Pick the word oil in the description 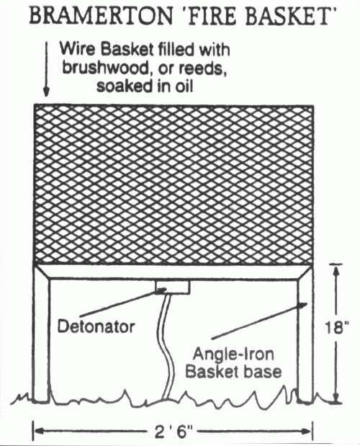[184, 86]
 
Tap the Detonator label [96, 326]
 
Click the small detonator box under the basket [173, 287]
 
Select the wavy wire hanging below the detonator [166, 347]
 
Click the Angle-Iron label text [233, 354]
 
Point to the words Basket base [233, 372]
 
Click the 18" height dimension [336, 327]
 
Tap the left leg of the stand [42, 334]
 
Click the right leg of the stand [305, 334]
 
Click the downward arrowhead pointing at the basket [46, 92]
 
